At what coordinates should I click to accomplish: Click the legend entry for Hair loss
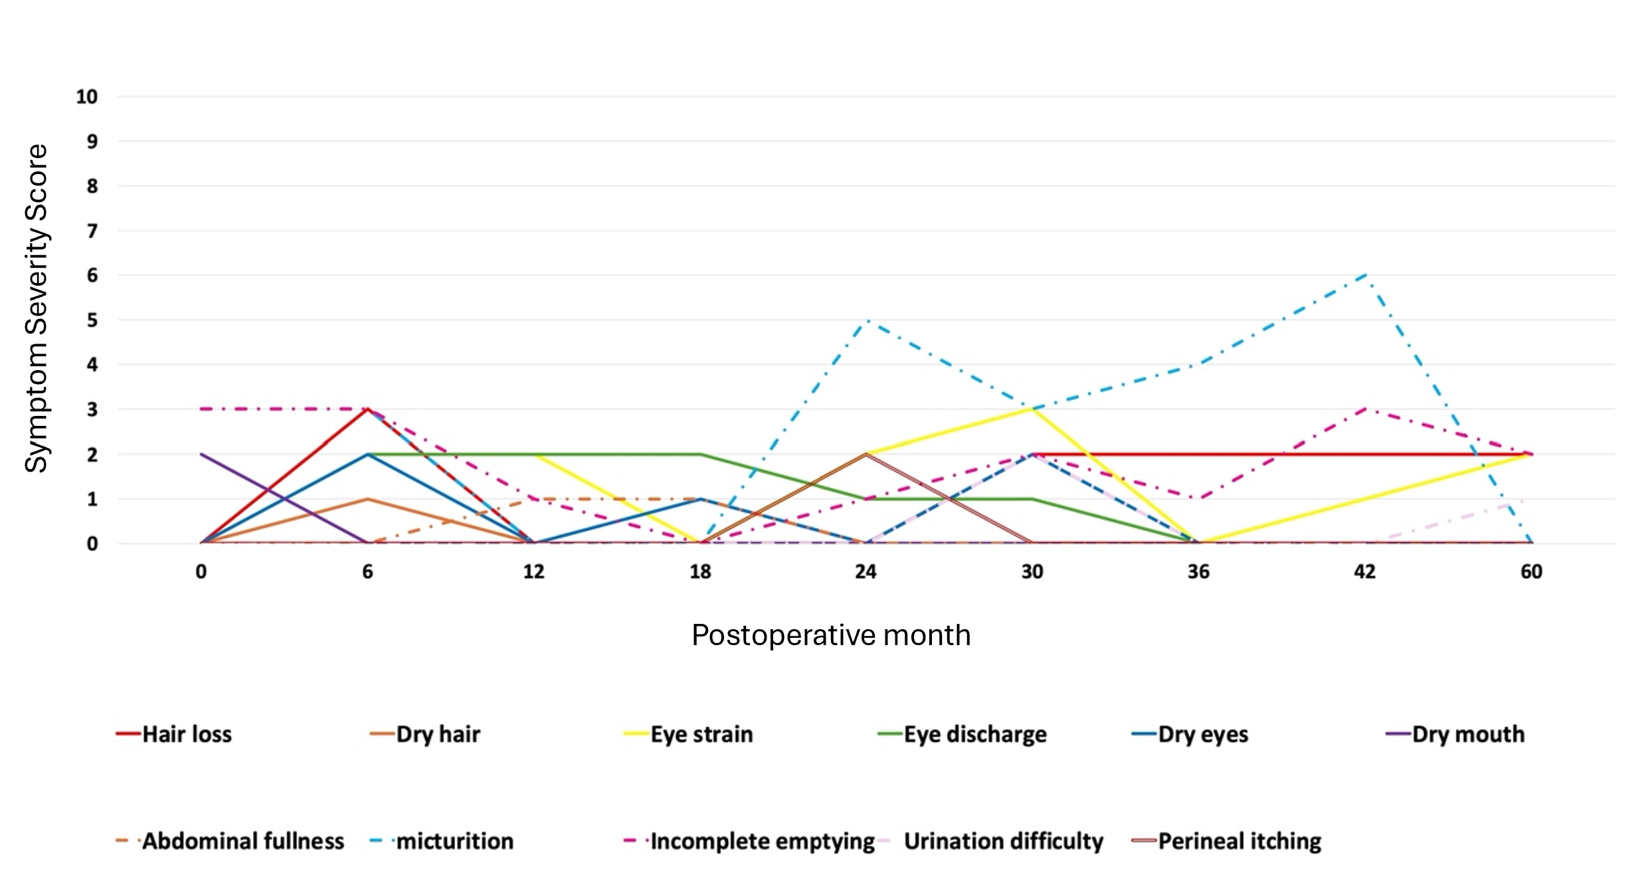click(x=174, y=734)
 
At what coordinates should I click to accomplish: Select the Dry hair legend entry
click(x=425, y=734)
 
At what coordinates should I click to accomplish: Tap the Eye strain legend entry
click(x=688, y=734)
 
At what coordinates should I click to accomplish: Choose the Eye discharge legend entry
click(x=962, y=734)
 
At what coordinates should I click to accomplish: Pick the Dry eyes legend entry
click(x=1190, y=734)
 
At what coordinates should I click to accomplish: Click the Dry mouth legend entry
click(x=1455, y=734)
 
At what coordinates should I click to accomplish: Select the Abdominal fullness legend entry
click(x=230, y=841)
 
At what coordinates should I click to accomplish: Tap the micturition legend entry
click(x=442, y=841)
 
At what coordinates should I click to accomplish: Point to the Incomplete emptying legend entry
click(x=749, y=841)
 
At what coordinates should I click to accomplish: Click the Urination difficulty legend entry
click(x=990, y=841)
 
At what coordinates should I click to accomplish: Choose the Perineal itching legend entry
click(x=1226, y=841)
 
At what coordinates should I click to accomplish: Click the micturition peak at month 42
click(x=1365, y=274)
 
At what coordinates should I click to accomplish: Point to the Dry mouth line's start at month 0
click(x=201, y=454)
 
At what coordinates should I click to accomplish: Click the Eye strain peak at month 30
click(x=1032, y=409)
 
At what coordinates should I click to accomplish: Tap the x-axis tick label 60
click(x=1531, y=572)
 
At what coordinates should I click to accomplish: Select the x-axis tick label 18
click(x=700, y=572)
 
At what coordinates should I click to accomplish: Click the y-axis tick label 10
click(x=86, y=97)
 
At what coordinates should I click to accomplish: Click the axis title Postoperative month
click(x=831, y=635)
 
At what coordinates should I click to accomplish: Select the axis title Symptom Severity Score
click(x=37, y=308)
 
